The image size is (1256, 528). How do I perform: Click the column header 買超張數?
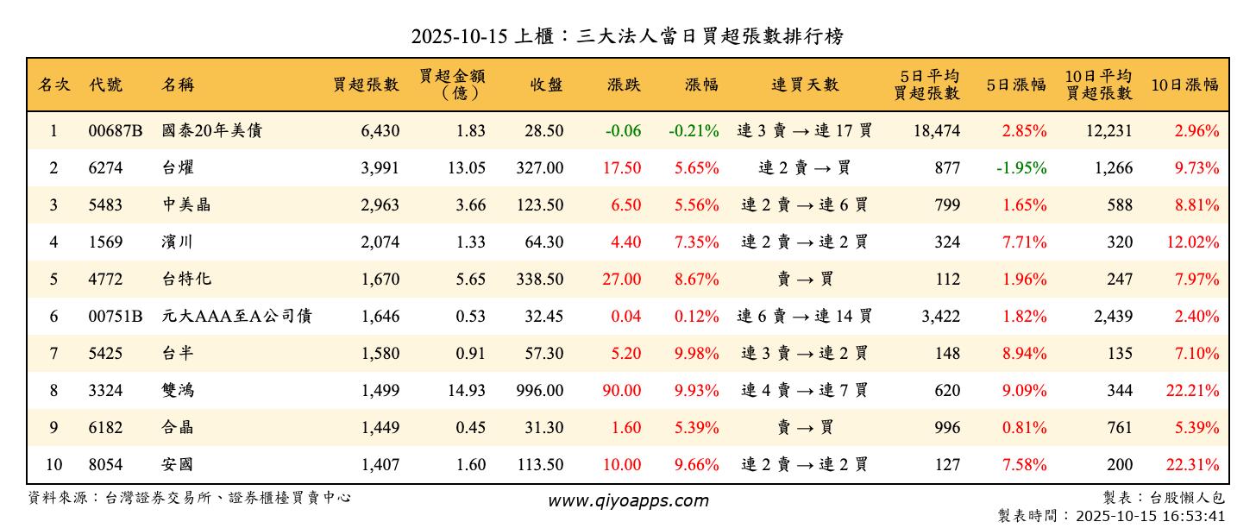[367, 85]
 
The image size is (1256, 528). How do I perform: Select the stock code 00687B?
[115, 131]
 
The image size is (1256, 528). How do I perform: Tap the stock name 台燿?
[178, 168]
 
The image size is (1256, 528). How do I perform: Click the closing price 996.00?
[540, 391]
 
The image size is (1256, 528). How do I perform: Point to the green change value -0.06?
[623, 131]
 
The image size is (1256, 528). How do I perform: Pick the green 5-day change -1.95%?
[1021, 168]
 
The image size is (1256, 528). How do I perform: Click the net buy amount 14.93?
[467, 391]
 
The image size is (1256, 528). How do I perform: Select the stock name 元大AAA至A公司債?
[236, 317]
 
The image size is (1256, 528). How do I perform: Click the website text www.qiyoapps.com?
[628, 500]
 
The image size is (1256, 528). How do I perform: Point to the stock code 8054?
[105, 465]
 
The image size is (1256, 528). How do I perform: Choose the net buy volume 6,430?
[380, 131]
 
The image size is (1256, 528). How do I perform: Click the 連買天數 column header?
[805, 85]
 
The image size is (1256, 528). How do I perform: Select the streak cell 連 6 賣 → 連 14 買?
[805, 317]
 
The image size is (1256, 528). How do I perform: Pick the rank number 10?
[53, 465]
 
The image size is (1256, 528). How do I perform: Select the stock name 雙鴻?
[178, 391]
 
